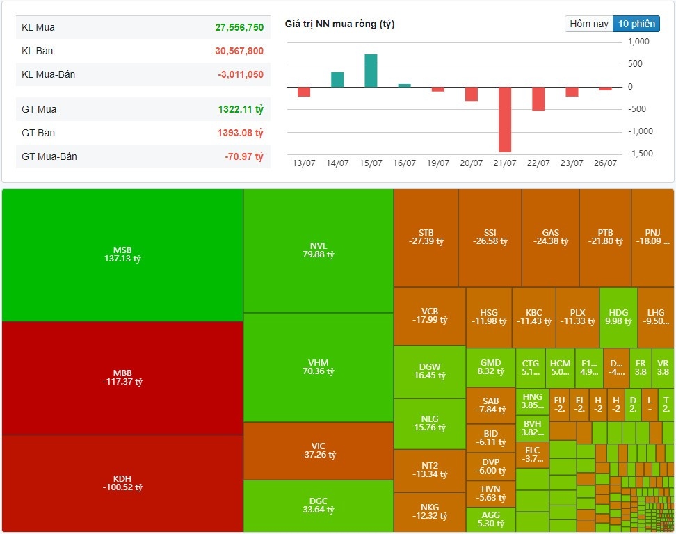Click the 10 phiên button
(x=636, y=24)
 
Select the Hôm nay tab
(x=588, y=24)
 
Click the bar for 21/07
(x=504, y=119)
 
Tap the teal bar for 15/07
(x=371, y=70)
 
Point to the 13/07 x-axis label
(x=303, y=163)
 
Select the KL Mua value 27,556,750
(x=239, y=27)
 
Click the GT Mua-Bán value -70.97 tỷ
(x=243, y=156)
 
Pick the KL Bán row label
(x=38, y=51)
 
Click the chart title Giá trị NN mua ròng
(x=339, y=24)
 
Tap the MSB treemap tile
(x=122, y=254)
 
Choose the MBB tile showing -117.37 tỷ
(x=122, y=378)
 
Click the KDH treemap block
(x=122, y=483)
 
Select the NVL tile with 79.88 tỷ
(x=319, y=250)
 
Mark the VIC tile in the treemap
(x=319, y=450)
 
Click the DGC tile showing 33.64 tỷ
(x=319, y=505)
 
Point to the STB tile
(x=426, y=237)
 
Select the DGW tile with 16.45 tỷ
(x=430, y=371)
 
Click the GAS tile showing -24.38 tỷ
(x=550, y=237)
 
